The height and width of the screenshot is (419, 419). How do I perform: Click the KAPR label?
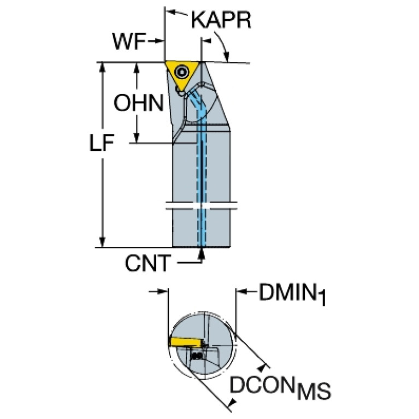click(221, 21)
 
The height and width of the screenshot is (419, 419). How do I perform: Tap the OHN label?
click(138, 102)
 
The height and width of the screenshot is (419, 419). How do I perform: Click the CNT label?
click(147, 264)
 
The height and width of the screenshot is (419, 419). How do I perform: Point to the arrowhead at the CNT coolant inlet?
click(202, 252)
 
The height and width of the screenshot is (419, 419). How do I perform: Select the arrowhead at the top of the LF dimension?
click(102, 67)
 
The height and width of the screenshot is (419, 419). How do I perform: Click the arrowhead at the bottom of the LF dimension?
click(102, 242)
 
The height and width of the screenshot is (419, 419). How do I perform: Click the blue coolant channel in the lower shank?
click(202, 229)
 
